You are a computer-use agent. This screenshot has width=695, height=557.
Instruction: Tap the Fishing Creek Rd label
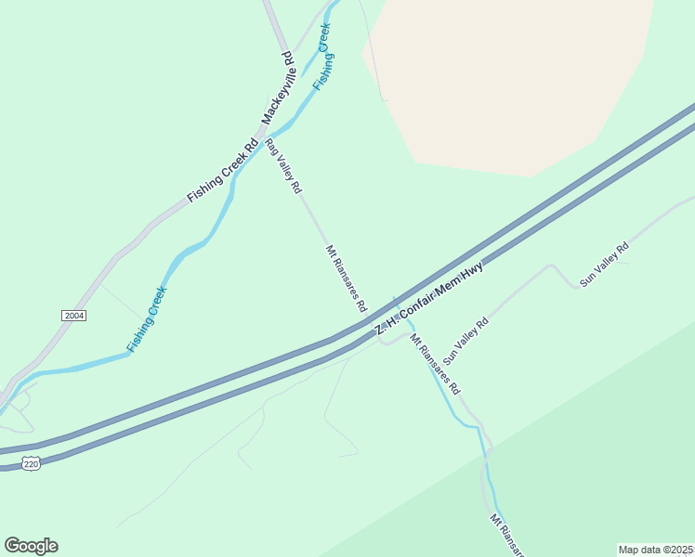(222, 172)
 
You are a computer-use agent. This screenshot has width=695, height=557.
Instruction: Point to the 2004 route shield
(74, 316)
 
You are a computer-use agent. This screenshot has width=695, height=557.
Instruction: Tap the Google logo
(31, 546)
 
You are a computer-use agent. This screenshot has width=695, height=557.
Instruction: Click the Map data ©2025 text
(655, 550)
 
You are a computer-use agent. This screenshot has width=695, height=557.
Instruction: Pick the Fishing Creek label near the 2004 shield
(147, 319)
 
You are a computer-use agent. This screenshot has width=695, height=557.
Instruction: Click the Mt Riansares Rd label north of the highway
(346, 278)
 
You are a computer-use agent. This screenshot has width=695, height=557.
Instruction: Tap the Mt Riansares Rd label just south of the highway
(435, 365)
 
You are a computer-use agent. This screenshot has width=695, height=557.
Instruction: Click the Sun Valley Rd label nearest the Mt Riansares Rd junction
(466, 341)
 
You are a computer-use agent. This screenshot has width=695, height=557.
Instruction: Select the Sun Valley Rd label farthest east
(604, 264)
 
